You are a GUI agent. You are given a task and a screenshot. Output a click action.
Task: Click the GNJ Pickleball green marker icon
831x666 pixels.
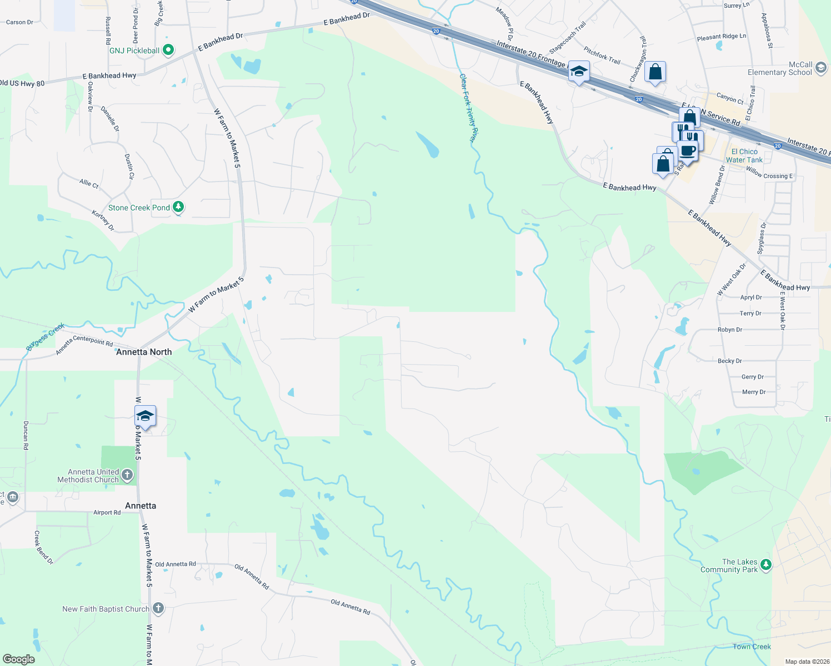168,51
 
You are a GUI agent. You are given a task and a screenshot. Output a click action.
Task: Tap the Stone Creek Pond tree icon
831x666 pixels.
178,208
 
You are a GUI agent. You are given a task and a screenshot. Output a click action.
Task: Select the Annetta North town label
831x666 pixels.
144,352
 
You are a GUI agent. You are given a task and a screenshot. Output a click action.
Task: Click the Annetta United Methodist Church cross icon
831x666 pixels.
127,475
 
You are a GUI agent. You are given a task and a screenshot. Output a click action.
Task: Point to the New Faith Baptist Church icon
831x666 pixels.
158,609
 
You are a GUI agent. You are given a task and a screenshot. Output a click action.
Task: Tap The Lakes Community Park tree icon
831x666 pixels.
766,565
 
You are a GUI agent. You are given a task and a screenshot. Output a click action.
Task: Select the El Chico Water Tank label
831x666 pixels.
744,156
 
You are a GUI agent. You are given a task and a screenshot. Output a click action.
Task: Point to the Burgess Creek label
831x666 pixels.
46,337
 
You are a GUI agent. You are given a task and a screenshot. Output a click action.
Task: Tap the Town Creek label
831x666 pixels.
752,647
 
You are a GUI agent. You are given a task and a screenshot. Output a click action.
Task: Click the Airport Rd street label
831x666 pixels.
107,513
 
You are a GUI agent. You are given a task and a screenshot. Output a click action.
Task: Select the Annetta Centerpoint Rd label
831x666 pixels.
84,345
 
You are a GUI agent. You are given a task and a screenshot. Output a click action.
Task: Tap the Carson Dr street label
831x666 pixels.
19,22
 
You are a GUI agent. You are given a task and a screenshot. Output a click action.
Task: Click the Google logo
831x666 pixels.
18,659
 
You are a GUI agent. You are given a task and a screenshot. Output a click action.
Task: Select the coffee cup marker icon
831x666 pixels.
688,151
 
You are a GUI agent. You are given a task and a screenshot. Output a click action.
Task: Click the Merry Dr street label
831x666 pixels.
754,392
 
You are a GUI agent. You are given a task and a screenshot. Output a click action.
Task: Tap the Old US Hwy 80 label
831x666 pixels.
22,83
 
